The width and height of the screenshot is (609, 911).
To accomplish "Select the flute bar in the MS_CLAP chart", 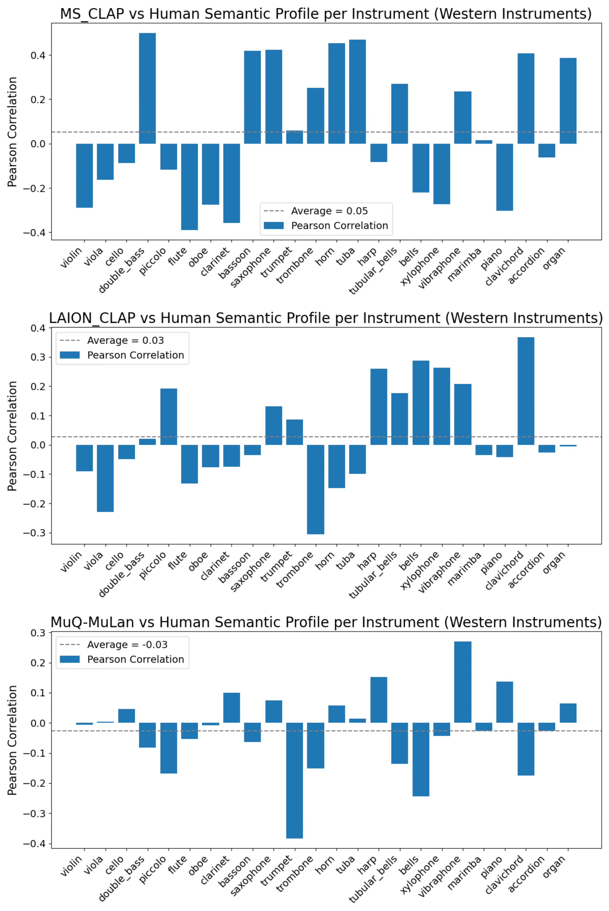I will pos(189,187).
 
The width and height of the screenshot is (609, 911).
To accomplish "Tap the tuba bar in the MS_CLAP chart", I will pos(357,92).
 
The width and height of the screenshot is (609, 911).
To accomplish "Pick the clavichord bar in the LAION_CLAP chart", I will pos(526,391).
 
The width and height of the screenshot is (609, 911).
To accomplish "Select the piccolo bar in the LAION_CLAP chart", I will pos(169,417).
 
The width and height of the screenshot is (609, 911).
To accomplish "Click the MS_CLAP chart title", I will pos(325,14).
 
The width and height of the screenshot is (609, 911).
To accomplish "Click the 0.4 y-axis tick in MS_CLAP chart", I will pos(38,56).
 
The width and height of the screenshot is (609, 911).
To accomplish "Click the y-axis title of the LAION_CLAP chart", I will pos(12,436).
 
